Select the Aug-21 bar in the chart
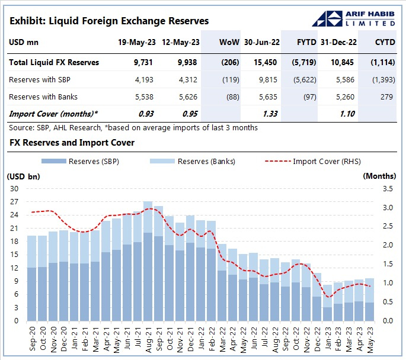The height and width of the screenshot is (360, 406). point(148,261)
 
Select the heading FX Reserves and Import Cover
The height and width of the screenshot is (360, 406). point(72,143)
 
